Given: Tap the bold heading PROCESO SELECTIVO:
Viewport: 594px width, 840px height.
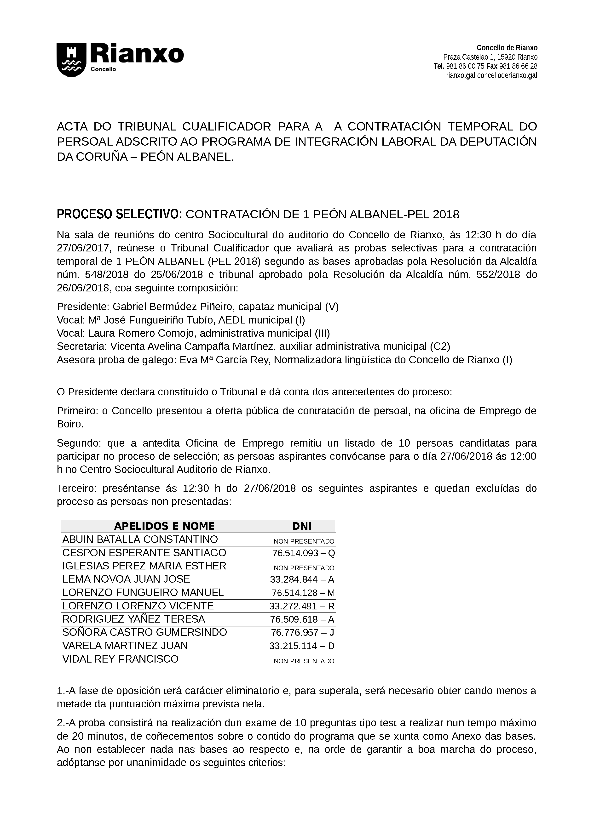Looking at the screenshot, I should (119, 214).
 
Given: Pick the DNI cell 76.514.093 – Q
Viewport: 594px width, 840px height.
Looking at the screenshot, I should (303, 553).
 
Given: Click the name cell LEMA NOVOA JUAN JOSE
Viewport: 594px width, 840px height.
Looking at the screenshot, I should (126, 579).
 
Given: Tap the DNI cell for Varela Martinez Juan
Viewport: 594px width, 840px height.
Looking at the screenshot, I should (302, 646).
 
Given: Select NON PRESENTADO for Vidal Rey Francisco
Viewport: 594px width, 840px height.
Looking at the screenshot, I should (304, 660).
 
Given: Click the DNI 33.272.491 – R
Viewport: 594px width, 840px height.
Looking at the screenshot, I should (302, 606).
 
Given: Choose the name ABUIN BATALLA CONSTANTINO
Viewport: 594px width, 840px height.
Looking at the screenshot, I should (140, 539).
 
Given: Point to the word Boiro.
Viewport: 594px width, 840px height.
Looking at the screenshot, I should (70, 424).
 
